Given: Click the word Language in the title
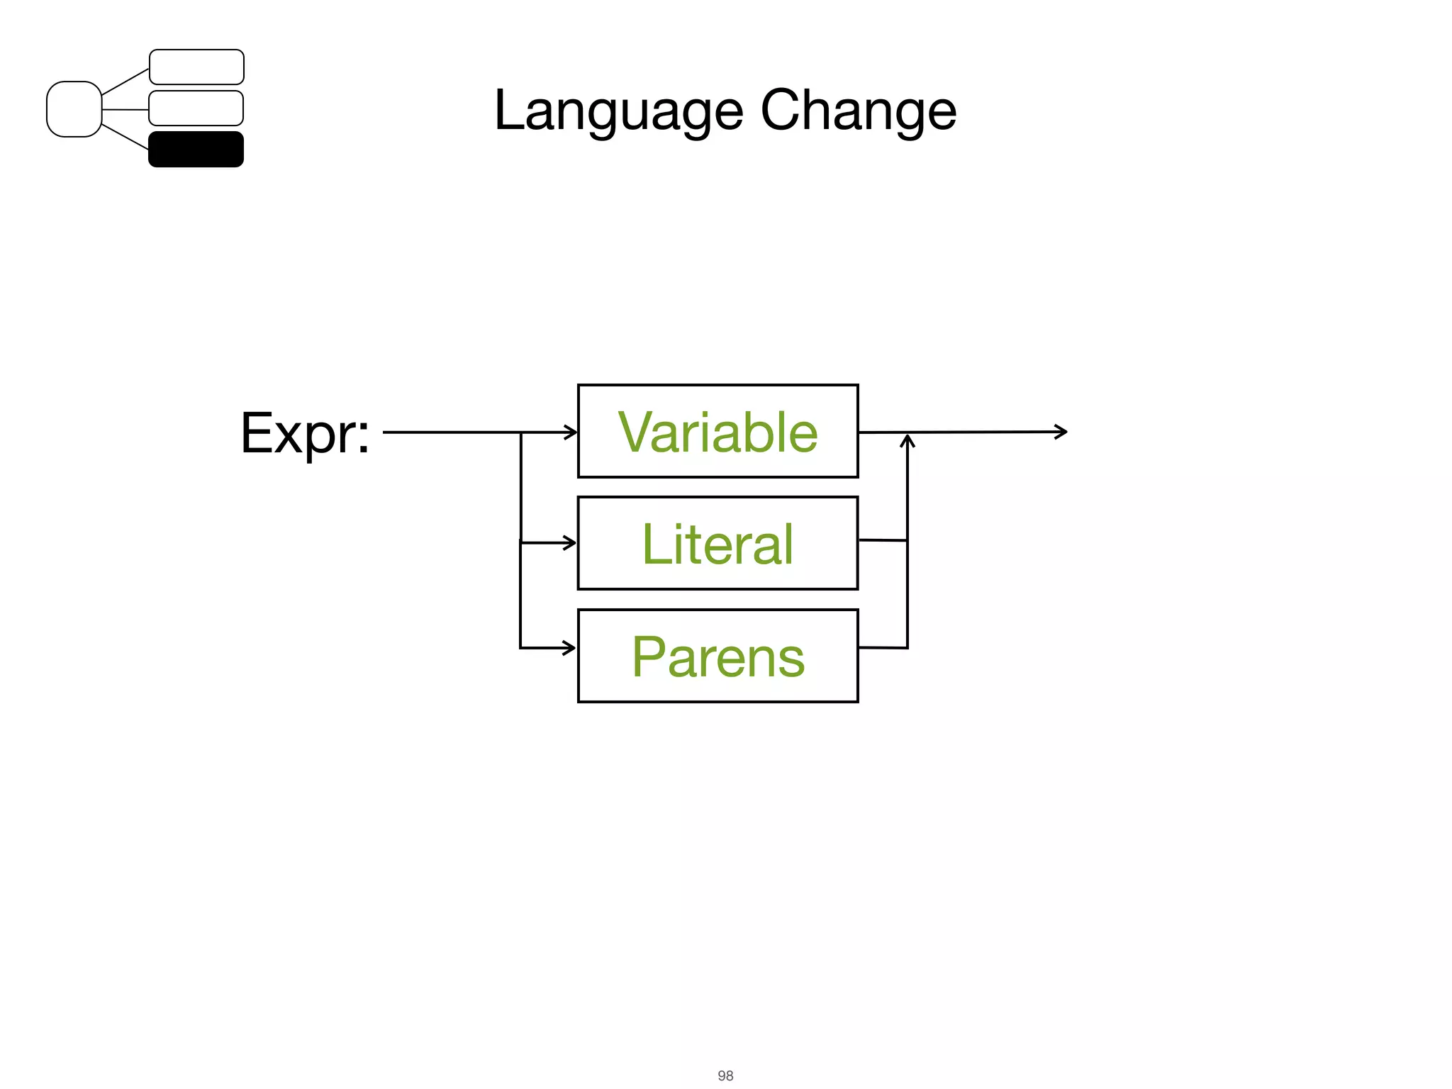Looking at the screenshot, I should [x=618, y=112].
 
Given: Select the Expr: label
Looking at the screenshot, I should [x=305, y=432].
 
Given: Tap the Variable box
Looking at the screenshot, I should [x=717, y=431].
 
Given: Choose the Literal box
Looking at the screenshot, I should [x=717, y=543].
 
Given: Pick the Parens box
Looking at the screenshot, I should [x=717, y=656].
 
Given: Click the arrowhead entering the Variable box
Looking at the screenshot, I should [x=571, y=432].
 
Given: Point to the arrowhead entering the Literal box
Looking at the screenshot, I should [x=570, y=543].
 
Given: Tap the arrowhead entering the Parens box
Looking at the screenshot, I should [x=570, y=647].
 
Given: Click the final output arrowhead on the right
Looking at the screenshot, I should [x=1062, y=431].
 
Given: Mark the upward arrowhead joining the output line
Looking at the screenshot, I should [x=907, y=441].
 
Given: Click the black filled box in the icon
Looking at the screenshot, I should [x=196, y=149].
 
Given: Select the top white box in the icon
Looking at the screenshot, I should [x=196, y=67].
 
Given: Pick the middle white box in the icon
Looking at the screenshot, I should [x=196, y=108].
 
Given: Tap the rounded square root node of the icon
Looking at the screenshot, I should [x=74, y=109].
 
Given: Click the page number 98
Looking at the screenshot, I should [x=725, y=1076].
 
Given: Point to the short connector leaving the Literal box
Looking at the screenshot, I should [x=883, y=540].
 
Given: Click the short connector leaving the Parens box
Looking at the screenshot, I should [x=883, y=647].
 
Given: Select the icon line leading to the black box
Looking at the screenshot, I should [x=125, y=137].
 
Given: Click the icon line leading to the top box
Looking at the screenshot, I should [x=125, y=82].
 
